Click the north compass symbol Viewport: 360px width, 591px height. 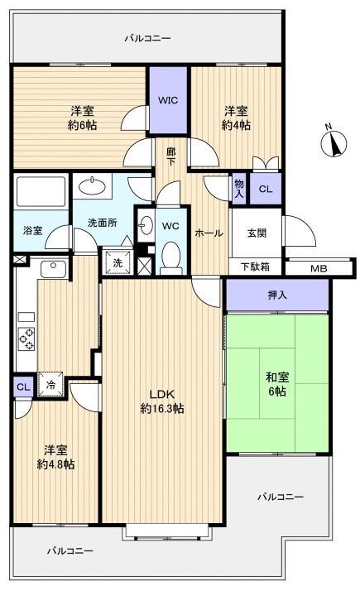pyautogui.click(x=334, y=142)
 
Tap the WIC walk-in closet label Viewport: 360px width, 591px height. pyautogui.click(x=168, y=100)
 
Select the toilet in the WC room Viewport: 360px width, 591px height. pyautogui.click(x=171, y=258)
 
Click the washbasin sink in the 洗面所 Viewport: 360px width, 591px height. pyautogui.click(x=92, y=185)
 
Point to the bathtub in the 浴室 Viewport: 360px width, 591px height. pyautogui.click(x=41, y=191)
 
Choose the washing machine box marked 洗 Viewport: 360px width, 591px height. pyautogui.click(x=118, y=262)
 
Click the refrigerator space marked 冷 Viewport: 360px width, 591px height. pyautogui.click(x=50, y=385)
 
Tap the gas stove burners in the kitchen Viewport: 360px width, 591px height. pyautogui.click(x=26, y=339)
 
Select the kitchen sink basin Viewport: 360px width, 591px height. pyautogui.click(x=54, y=269)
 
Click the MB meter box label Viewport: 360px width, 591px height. pyautogui.click(x=319, y=269)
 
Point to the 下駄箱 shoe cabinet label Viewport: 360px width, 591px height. pyautogui.click(x=255, y=267)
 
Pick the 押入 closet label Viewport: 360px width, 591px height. pyautogui.click(x=277, y=295)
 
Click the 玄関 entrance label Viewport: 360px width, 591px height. pyautogui.click(x=257, y=233)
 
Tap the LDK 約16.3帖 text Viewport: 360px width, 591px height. pyautogui.click(x=162, y=401)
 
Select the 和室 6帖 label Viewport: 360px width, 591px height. pyautogui.click(x=277, y=384)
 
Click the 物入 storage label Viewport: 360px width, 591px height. pyautogui.click(x=239, y=189)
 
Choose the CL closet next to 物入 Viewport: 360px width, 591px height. pyautogui.click(x=266, y=189)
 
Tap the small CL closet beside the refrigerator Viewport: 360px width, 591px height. pyautogui.click(x=23, y=387)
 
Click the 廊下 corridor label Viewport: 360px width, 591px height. pyautogui.click(x=171, y=156)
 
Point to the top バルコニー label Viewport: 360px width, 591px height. pyautogui.click(x=148, y=38)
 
